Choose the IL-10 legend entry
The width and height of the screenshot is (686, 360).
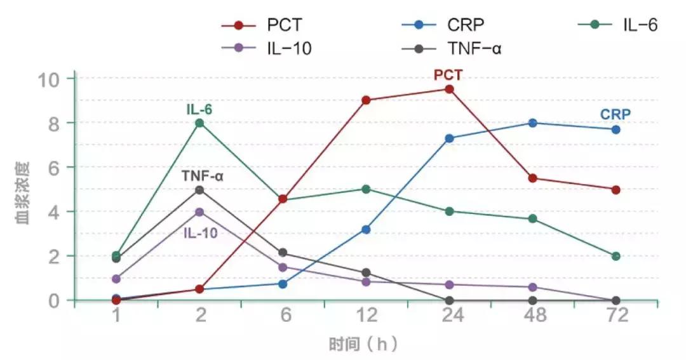[266, 48]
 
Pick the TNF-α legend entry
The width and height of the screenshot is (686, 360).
[450, 48]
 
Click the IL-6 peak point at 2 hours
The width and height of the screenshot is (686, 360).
[199, 123]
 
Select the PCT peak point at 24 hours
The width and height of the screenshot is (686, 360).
[449, 90]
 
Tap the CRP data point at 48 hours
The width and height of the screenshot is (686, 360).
[532, 123]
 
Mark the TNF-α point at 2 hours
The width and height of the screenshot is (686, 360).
[199, 190]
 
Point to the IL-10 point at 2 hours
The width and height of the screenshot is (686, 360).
[199, 212]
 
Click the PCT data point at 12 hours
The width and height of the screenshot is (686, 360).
[366, 100]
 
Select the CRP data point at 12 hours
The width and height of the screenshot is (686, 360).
[366, 229]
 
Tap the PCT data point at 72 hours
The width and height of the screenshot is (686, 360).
[615, 190]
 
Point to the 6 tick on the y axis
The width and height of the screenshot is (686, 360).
[55, 168]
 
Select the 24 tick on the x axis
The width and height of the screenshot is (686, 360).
[449, 316]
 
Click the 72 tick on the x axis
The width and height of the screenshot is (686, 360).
[615, 316]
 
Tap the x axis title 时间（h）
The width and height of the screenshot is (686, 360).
[363, 345]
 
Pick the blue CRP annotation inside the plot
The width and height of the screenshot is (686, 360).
[615, 114]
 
